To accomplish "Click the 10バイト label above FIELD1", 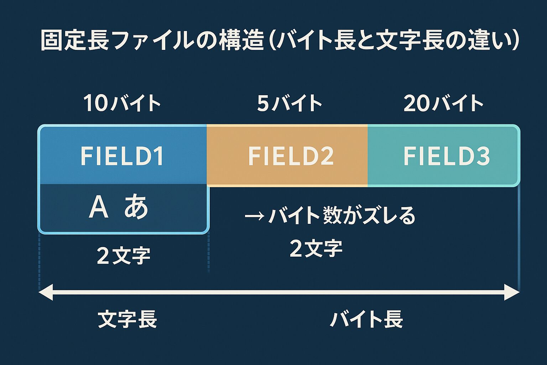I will click(x=122, y=103).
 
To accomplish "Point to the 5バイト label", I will click(x=289, y=103).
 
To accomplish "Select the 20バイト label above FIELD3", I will click(x=443, y=103).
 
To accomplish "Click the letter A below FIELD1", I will click(x=98, y=207).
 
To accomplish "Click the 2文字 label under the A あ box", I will click(x=124, y=256).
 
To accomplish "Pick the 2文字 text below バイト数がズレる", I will click(x=316, y=248).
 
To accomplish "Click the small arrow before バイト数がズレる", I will click(x=254, y=216).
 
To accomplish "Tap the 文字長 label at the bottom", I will click(x=127, y=319).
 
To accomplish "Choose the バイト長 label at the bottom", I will click(x=366, y=319).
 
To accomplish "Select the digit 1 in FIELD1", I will click(x=159, y=156).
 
